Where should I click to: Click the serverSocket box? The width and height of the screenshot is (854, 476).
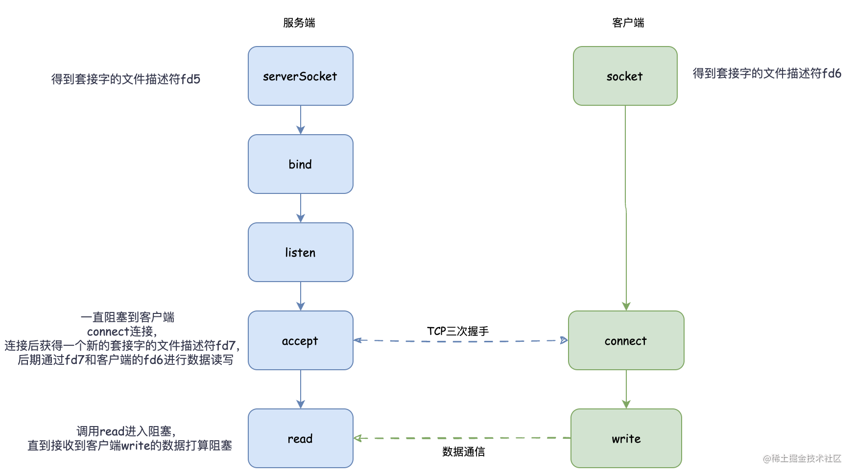pos(300,76)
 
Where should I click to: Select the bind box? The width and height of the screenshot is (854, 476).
pos(300,164)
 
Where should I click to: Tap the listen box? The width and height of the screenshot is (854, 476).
pos(300,252)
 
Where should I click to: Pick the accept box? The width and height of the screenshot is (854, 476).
pos(300,340)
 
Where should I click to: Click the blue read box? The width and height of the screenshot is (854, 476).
pos(300,438)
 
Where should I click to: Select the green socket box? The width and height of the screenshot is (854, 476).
pos(625,76)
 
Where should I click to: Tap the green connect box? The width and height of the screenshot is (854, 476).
pos(626,340)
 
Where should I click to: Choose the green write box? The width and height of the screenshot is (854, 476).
pos(626,438)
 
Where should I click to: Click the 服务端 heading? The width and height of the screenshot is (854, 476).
pos(299,23)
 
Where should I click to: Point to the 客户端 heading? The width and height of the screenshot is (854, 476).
pos(628,23)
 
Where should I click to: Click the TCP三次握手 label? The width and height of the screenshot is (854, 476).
pos(457,331)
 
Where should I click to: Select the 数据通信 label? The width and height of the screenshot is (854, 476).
pos(463,452)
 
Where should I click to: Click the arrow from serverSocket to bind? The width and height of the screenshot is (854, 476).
pos(301,120)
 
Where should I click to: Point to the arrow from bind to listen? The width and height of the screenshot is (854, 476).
pos(301,208)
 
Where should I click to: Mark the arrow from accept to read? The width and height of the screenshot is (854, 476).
pos(301,389)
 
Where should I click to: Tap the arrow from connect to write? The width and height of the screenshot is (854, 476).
pos(626,389)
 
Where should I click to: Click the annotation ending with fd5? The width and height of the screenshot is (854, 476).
pos(126,79)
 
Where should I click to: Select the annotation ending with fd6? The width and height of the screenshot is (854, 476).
pos(766,73)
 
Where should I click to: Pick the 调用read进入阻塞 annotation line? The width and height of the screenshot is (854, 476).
pos(126,431)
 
